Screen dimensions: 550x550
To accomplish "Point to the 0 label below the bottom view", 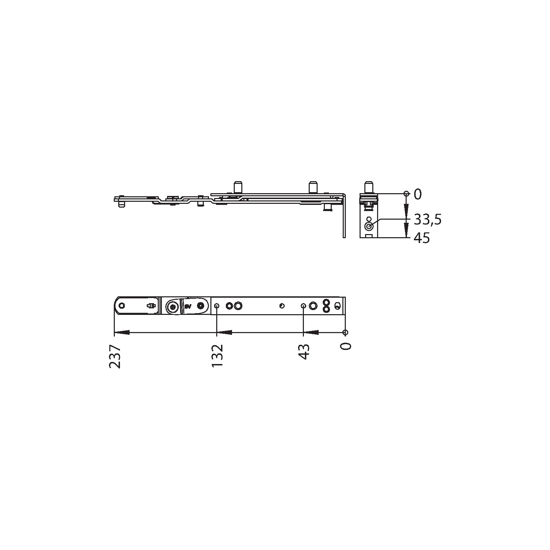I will tap(346, 346).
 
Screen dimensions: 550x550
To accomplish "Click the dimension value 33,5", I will tap(427, 219).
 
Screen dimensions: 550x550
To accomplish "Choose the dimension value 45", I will tap(422, 238).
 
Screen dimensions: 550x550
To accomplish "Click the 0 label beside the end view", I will tap(417, 195).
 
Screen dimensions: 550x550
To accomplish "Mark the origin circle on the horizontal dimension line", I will tap(345, 332).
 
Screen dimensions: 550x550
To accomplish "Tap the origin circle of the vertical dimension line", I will tap(406, 193).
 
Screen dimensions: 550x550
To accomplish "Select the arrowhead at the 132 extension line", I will tap(224, 332).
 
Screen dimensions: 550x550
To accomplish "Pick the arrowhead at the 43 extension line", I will tap(310, 332).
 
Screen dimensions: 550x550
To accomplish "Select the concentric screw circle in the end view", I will tap(369, 227).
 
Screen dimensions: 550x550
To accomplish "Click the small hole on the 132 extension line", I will tap(217, 306).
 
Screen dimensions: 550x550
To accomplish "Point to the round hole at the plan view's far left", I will tap(122, 306).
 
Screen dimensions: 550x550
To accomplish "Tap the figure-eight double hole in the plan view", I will tap(326, 306).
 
